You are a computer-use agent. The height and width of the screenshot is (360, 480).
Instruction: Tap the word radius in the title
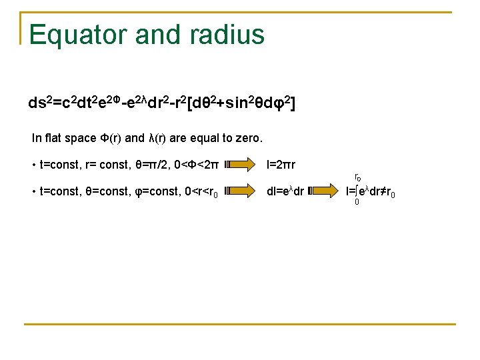(x=230, y=35)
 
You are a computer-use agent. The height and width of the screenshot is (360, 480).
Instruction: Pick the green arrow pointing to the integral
(x=324, y=191)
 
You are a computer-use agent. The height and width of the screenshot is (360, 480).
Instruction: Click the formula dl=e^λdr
(x=285, y=191)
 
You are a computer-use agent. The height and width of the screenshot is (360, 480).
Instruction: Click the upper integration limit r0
(x=357, y=178)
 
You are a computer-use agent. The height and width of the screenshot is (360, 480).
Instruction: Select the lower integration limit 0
(x=357, y=202)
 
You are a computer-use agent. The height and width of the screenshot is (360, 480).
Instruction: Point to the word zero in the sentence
(x=248, y=139)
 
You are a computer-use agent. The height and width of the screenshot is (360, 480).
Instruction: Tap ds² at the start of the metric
(x=40, y=103)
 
